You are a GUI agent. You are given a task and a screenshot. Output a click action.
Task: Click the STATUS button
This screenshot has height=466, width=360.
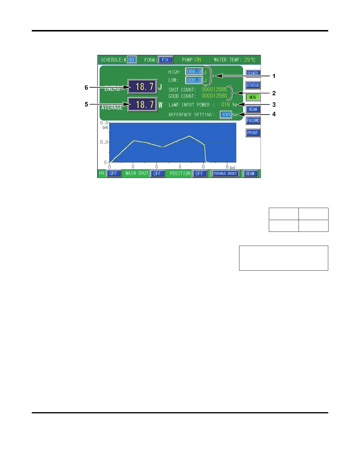coord(253,85)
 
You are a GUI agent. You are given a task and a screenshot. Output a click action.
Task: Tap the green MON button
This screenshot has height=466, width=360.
coord(253,97)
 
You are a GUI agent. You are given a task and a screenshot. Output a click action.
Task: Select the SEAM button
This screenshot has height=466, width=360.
coord(253,109)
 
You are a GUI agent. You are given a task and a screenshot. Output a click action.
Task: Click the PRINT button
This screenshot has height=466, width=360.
coord(253,133)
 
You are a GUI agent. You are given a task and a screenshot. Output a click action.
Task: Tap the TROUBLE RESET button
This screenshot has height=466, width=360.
coord(225,174)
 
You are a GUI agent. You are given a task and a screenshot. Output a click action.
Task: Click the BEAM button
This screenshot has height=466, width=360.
coord(250,174)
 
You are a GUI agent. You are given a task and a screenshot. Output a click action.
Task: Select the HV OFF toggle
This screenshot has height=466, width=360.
coord(113,174)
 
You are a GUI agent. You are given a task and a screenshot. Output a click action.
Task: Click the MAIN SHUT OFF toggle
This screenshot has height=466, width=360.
coord(157,174)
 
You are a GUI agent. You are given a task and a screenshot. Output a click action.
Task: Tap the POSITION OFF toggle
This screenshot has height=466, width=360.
coord(199,174)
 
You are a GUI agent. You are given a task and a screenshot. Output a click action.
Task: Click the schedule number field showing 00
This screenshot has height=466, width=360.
coord(131,60)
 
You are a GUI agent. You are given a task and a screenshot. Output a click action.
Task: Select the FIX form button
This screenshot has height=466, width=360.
coord(165,60)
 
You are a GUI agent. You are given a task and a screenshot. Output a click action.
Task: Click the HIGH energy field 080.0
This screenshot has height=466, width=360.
coord(194,71)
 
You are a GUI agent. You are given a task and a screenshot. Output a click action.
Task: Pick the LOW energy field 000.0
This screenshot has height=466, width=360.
coord(194,80)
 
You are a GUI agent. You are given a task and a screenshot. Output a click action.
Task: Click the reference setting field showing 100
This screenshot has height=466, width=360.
coord(226,114)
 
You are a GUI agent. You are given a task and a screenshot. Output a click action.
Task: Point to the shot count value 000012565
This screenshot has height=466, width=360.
coord(214,89)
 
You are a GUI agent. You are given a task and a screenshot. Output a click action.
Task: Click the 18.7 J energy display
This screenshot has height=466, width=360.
coord(143,87)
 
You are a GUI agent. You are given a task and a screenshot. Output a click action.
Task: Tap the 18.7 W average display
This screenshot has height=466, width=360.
coord(143,104)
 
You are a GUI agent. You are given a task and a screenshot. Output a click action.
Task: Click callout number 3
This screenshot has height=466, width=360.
coord(274,105)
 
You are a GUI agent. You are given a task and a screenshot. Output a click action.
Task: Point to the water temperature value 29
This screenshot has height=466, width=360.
coord(247,60)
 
